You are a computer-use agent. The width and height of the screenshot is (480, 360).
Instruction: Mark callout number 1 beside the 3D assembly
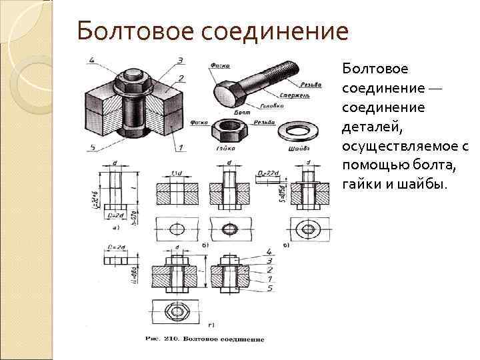(181, 147)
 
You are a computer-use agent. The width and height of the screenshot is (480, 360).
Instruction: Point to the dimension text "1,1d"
(178, 174)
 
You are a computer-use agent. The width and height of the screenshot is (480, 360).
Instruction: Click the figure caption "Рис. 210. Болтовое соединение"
(205, 339)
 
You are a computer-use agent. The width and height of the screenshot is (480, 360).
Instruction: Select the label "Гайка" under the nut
(226, 148)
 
